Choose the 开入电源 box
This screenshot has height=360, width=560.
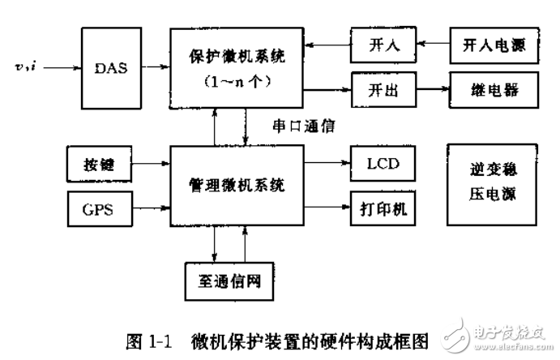[494, 45]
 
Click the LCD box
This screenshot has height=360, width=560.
[383, 164]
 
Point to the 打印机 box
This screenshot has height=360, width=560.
[383, 208]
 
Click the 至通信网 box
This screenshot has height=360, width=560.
[229, 281]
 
